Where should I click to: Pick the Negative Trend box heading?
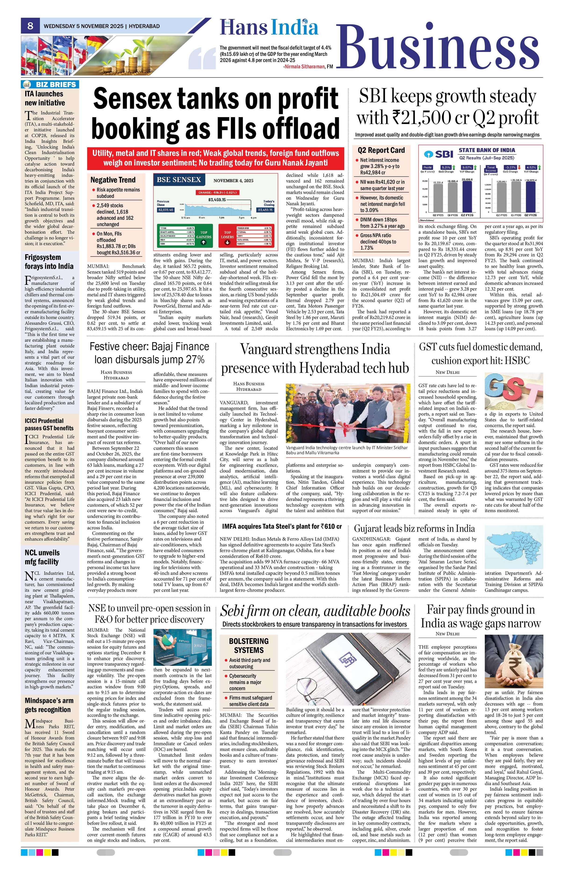tap(113, 180)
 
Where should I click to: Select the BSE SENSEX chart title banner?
tap(179, 179)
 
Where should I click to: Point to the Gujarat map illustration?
tap(514, 550)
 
